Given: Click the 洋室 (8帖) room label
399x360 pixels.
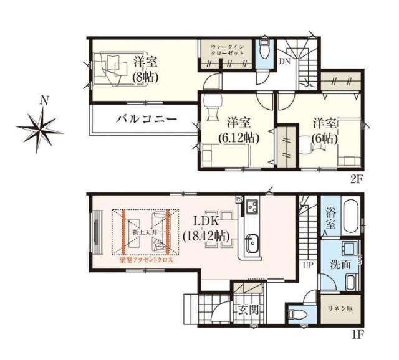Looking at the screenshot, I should coord(145,69).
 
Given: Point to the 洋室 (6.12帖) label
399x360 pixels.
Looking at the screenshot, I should coord(238,130).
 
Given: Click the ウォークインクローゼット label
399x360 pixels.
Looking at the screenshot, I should coord(228,50).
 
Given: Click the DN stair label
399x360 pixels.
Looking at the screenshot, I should coord(284,61).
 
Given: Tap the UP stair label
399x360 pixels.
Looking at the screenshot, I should coord(308,264).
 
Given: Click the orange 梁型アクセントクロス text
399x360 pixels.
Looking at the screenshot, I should coord(146,261).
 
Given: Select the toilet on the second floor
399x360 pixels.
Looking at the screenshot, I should coord(264,49).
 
